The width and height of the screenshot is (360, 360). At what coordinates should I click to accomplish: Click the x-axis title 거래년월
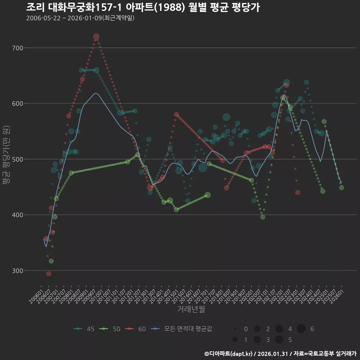pos(191,309)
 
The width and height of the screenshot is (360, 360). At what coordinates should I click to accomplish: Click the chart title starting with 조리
pos(143,7)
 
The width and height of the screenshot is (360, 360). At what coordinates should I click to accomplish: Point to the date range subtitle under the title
pos(80,18)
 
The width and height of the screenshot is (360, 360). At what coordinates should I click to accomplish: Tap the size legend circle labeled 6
pos(301,329)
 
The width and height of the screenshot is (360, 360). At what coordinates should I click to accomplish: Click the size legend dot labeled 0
pos(235,329)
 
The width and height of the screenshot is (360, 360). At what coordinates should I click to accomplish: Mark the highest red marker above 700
pos(96,37)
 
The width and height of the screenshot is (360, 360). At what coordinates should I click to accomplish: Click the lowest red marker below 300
pos(49,274)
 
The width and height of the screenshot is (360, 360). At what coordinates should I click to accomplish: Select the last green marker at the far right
pos(341,187)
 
